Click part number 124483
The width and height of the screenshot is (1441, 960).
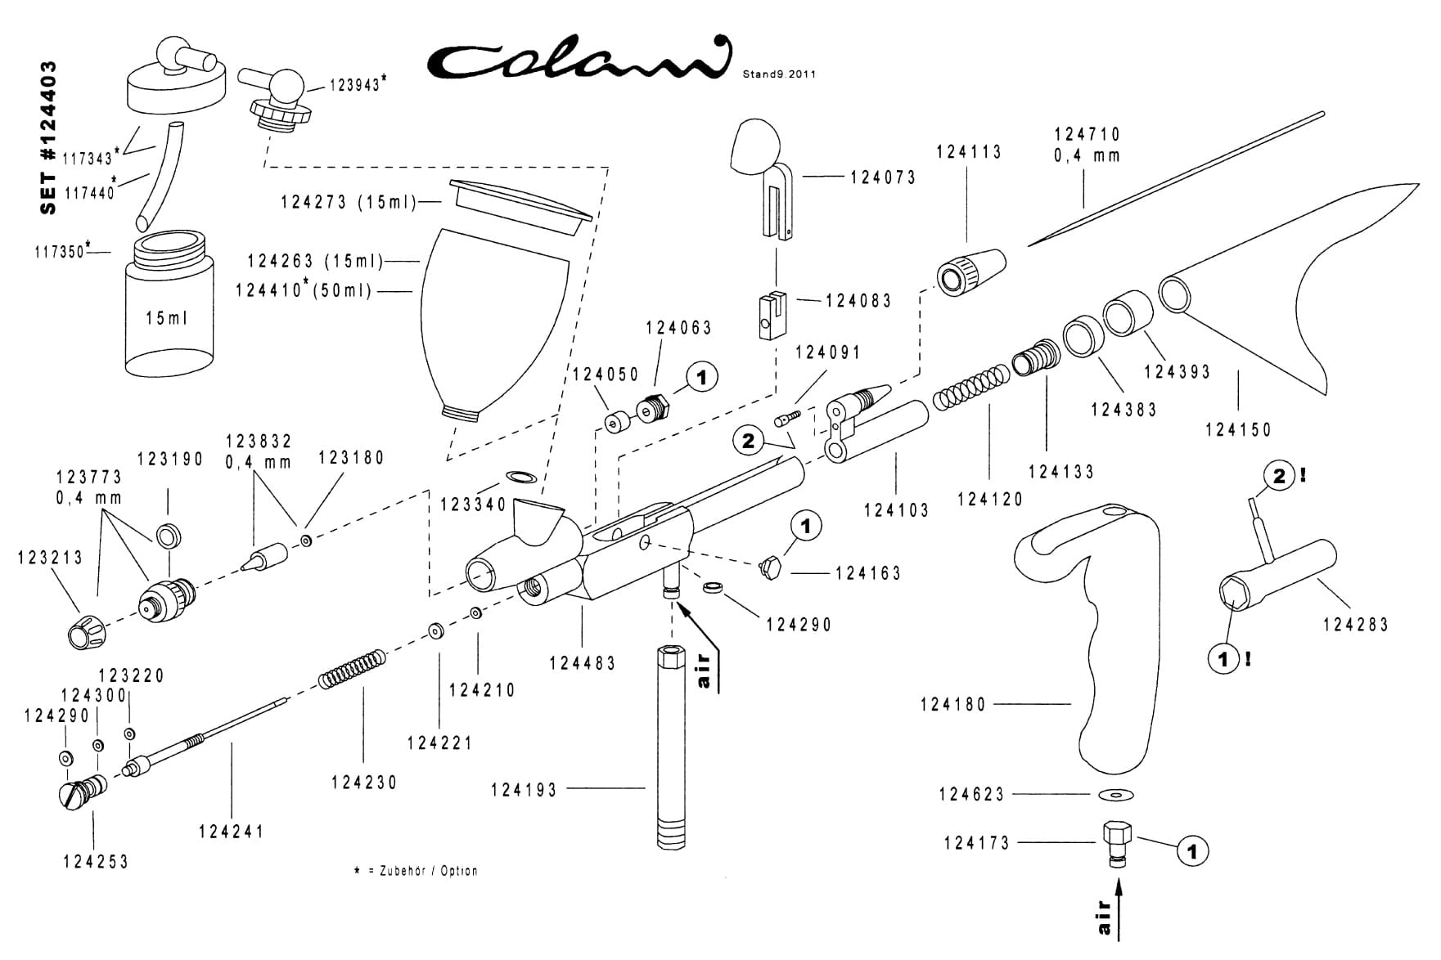pos(582,663)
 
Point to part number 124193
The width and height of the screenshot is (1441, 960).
pos(524,790)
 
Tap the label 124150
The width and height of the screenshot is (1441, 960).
pos(1238,429)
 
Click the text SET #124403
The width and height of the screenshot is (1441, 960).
pos(49,137)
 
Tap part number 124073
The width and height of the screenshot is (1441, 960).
pos(883,177)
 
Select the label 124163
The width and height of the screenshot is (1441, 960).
pos(868,573)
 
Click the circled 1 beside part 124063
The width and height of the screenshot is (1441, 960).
pos(701,378)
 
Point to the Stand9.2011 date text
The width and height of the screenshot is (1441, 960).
pos(778,74)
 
